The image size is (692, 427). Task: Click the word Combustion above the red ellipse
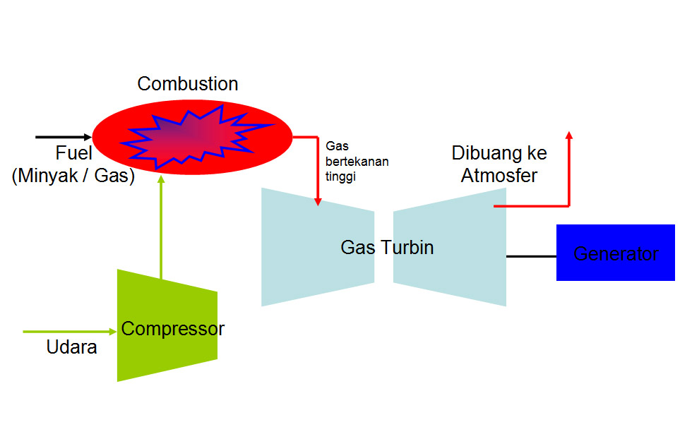point(188,84)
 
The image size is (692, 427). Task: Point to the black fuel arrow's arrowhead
point(88,137)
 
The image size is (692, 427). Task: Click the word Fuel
point(73,153)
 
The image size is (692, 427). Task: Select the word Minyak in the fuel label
point(48,176)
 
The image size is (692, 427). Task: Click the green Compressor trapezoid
point(167,325)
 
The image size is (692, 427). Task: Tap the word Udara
point(71,347)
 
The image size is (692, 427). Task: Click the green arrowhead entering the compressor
point(113,332)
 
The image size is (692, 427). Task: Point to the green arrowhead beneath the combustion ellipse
point(161,179)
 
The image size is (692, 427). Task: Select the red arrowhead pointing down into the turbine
point(318,202)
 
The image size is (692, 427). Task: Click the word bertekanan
point(357,162)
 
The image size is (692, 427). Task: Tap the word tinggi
point(340,177)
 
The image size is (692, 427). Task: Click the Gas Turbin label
point(387,248)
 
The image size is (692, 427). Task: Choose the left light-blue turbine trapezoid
point(318,247)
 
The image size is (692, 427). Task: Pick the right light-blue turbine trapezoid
point(450,247)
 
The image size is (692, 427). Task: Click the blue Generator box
point(616,253)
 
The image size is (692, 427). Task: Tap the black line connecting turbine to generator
point(531,256)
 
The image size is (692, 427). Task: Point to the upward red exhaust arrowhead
point(569,135)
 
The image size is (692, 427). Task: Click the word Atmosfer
point(499,176)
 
